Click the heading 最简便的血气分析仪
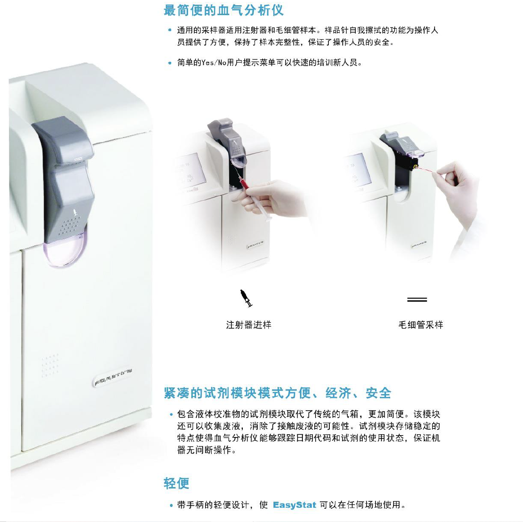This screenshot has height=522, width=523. pyautogui.click(x=223, y=10)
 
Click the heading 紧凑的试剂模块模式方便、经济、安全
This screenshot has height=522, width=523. pyautogui.click(x=277, y=393)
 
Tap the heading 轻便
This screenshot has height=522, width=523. pyautogui.click(x=176, y=483)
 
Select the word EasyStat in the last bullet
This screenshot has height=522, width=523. pyautogui.click(x=294, y=505)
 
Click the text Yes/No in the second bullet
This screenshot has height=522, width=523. pyautogui.click(x=214, y=63)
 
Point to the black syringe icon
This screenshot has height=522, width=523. pyautogui.click(x=246, y=298)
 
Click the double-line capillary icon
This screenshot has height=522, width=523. pyautogui.click(x=417, y=300)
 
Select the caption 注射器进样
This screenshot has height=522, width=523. pyautogui.click(x=249, y=325)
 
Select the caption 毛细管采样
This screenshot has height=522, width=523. pyautogui.click(x=420, y=325)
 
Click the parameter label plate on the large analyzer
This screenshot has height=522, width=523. pyautogui.click(x=112, y=377)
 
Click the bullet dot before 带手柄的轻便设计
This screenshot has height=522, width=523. pyautogui.click(x=171, y=505)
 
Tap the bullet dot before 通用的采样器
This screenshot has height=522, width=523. pyautogui.click(x=170, y=30)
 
